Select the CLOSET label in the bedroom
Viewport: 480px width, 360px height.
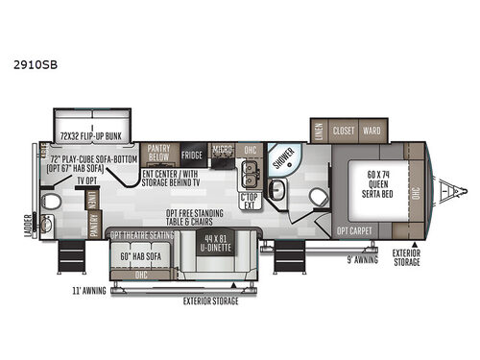tap(345, 130)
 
